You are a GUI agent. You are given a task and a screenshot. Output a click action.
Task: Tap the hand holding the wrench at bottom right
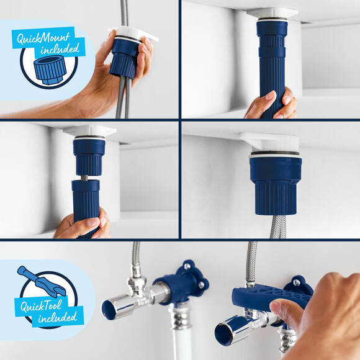[323, 317]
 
